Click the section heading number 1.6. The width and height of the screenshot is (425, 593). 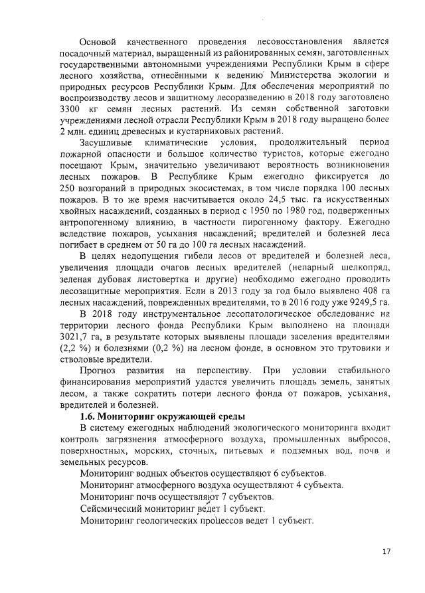pos(89,416)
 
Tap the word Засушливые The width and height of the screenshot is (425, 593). pos(106,143)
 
